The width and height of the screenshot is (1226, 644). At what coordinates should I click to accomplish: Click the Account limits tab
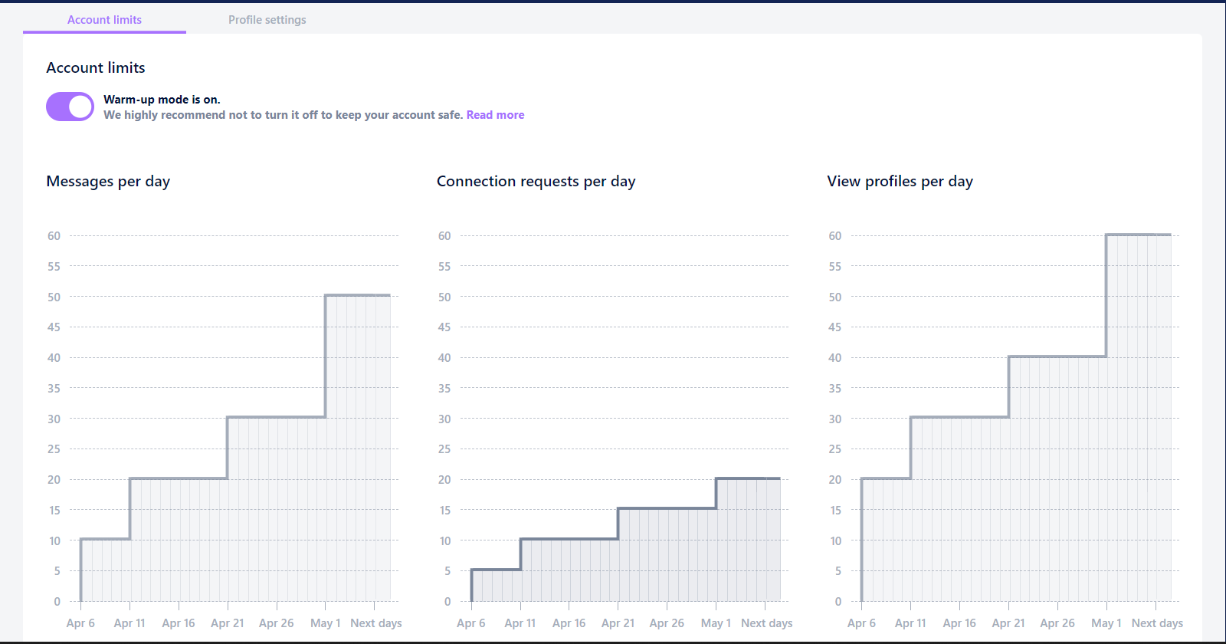[x=104, y=20]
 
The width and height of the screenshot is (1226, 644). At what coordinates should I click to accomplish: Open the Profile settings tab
[x=267, y=20]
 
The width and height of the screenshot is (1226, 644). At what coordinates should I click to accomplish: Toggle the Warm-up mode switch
[x=70, y=107]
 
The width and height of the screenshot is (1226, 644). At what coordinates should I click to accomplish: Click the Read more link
[x=495, y=114]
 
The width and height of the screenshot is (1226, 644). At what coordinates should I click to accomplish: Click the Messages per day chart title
[x=108, y=181]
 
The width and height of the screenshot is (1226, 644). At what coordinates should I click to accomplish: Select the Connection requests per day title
[x=536, y=181]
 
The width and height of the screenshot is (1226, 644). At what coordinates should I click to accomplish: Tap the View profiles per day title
[x=900, y=181]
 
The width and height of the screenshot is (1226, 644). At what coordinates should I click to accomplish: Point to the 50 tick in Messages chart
[x=54, y=297]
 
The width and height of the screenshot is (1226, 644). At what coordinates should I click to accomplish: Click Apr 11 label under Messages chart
[x=129, y=623]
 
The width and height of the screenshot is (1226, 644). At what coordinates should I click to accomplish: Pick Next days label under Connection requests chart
[x=767, y=623]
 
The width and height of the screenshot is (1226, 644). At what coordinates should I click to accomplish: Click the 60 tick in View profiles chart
[x=834, y=236]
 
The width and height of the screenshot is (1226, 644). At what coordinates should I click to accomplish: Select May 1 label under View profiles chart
[x=1106, y=623]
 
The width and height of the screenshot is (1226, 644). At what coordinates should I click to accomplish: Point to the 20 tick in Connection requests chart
[x=444, y=480]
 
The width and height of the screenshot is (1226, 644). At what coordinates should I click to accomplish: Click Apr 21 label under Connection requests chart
[x=618, y=623]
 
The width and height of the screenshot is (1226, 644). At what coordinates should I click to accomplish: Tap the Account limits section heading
[x=96, y=67]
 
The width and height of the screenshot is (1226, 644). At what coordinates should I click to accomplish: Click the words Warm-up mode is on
[x=162, y=99]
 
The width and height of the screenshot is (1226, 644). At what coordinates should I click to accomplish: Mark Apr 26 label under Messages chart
[x=277, y=623]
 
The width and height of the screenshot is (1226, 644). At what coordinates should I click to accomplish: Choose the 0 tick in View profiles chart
[x=838, y=601]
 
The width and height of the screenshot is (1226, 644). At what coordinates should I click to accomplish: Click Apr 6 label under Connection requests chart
[x=471, y=623]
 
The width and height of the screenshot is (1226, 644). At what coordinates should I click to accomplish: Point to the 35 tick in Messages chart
[x=54, y=388]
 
